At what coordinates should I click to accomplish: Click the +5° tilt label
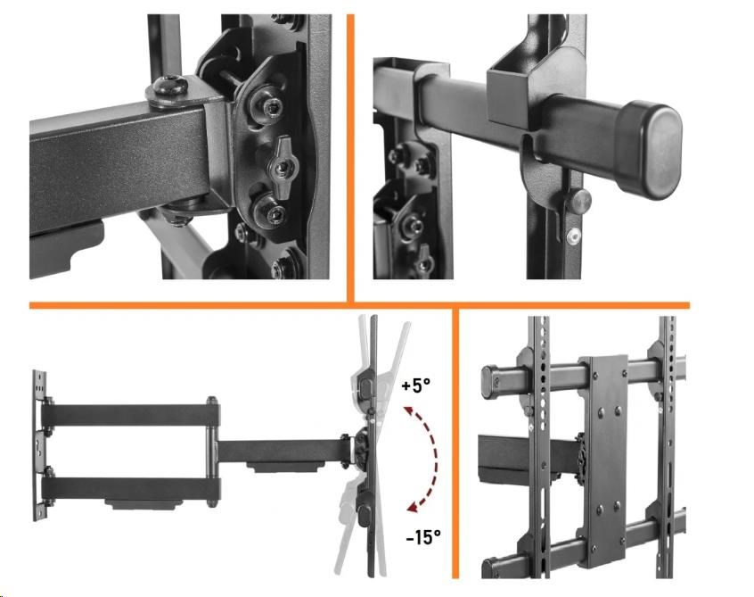(x=416, y=386)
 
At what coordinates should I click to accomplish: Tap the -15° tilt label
(x=423, y=536)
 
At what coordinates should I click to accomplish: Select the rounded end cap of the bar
(x=650, y=150)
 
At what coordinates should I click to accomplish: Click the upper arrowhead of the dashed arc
(x=410, y=411)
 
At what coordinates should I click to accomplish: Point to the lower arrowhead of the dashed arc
(x=413, y=505)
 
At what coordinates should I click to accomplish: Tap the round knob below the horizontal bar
(x=580, y=201)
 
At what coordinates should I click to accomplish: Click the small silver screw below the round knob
(x=573, y=236)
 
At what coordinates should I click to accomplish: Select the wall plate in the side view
(x=40, y=445)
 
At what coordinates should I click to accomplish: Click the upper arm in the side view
(x=131, y=415)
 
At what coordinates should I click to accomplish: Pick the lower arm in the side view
(x=131, y=488)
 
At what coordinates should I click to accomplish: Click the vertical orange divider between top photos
(x=350, y=158)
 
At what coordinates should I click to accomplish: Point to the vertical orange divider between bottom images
(x=455, y=443)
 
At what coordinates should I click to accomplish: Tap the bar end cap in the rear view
(x=490, y=381)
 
